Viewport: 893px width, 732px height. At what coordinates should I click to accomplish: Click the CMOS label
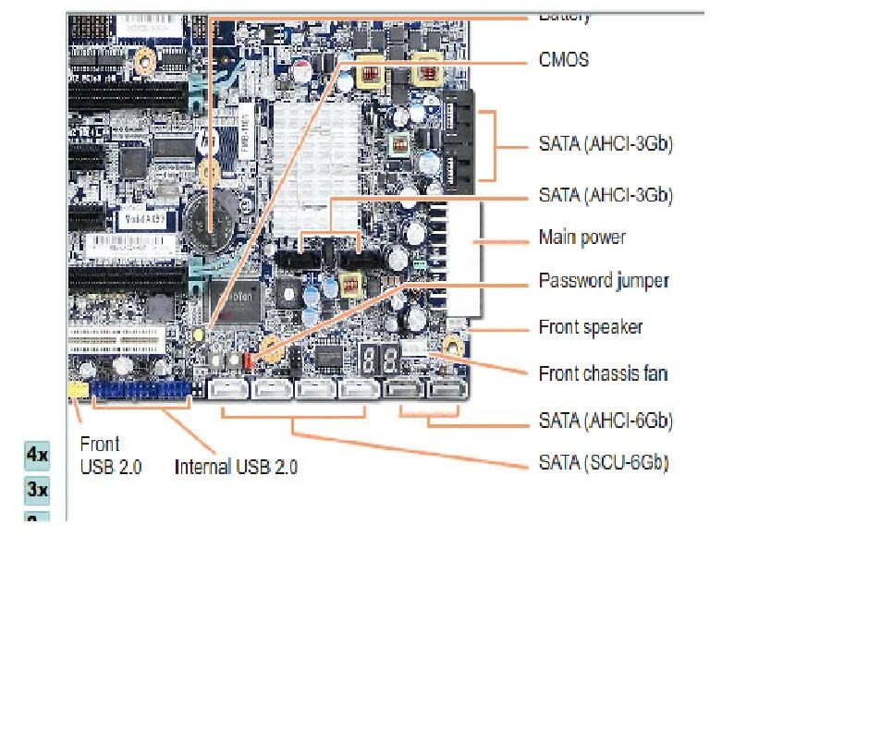563,60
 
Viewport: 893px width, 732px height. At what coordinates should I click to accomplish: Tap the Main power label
581,238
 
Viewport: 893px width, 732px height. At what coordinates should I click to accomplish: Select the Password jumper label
603,280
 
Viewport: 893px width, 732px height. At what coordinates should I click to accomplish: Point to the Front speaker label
590,327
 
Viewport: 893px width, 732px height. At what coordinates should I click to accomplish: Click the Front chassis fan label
603,373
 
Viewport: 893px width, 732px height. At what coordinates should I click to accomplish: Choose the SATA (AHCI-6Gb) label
605,421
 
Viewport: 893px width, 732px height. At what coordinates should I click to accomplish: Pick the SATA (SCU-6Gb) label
603,462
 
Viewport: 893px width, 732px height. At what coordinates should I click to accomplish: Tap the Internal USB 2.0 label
236,467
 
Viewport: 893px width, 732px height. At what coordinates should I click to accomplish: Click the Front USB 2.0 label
110,456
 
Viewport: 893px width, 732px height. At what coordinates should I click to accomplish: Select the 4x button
36,455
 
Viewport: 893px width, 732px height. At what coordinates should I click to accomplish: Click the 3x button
36,489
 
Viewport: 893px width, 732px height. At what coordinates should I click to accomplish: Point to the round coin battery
211,222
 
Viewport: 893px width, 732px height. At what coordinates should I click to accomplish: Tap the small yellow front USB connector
79,390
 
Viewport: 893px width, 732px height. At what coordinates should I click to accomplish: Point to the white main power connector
462,259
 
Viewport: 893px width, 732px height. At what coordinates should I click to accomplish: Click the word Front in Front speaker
558,327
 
